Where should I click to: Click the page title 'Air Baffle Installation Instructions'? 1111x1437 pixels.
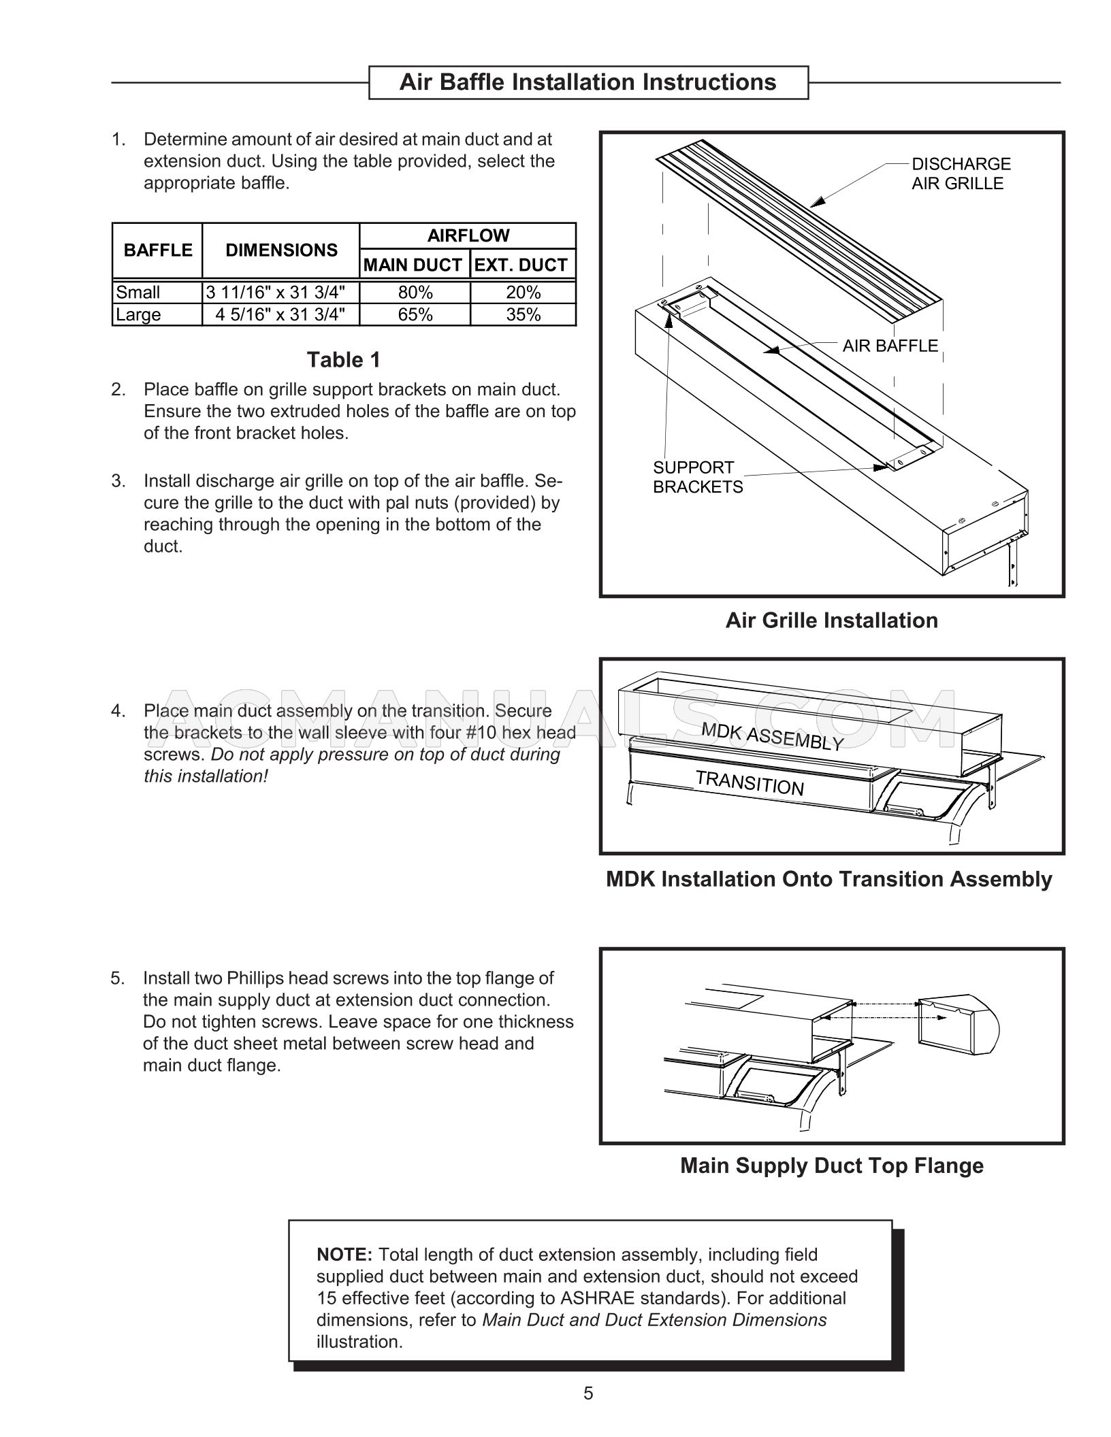coord(587,82)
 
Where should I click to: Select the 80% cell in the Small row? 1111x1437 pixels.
coord(415,293)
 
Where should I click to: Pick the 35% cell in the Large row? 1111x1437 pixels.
coord(523,315)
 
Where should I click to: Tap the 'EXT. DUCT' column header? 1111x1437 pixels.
coord(521,265)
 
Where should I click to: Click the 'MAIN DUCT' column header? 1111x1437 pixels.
coord(413,265)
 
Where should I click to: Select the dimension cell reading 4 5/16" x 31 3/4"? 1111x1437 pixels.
coord(280,315)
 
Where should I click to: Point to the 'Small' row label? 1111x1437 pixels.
coord(138,293)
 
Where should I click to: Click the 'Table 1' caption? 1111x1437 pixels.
coord(343,360)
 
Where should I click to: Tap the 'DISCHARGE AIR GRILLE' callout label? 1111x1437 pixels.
coord(961,174)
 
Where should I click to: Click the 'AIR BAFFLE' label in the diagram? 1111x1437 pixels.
coord(890,346)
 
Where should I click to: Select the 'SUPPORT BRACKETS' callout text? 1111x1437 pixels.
coord(697,478)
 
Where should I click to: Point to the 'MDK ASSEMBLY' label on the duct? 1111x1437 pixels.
coord(772,737)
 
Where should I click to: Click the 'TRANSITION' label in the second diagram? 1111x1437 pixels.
coord(750,782)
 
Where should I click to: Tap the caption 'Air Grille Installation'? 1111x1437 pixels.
coord(831,621)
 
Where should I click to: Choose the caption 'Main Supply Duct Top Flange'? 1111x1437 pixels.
coord(831,1166)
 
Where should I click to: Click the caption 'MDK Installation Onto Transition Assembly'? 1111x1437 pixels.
coord(828,879)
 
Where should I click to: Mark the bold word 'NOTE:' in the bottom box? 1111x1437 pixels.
coord(344,1255)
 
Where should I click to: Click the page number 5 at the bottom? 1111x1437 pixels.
coord(588,1393)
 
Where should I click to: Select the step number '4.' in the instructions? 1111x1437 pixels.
coord(118,711)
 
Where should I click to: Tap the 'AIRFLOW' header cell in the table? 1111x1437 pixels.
coord(468,236)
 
